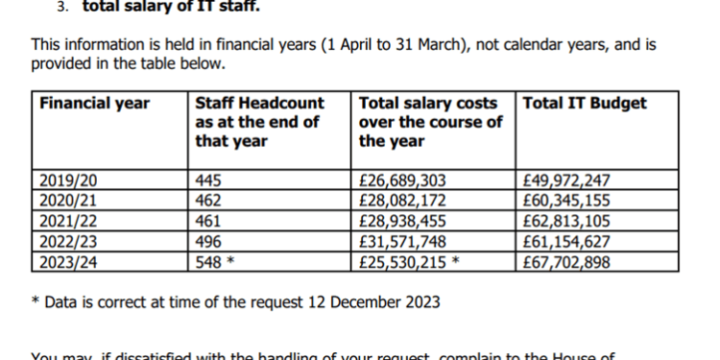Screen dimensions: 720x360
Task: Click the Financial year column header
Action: tap(95, 104)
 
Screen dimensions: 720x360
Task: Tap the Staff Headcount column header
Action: tap(259, 121)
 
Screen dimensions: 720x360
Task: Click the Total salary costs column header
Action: tap(429, 121)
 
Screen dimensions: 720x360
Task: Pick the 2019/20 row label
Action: tap(68, 180)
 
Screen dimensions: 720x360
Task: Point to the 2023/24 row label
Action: tap(68, 261)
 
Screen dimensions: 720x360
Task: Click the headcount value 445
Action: tap(207, 180)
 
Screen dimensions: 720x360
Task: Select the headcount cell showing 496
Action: tap(207, 241)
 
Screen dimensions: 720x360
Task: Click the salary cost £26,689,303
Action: tap(402, 180)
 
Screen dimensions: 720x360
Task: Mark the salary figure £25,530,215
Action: tap(402, 261)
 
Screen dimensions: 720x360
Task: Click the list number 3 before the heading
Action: tap(60, 7)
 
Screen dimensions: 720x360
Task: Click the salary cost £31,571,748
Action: tap(402, 241)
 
